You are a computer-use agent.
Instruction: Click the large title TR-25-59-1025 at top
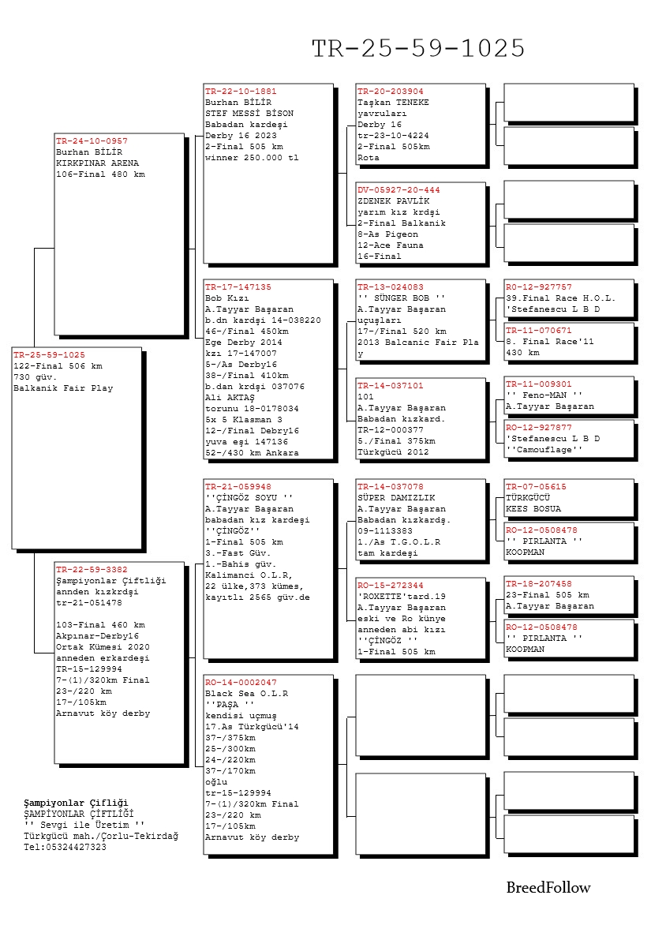coord(418,49)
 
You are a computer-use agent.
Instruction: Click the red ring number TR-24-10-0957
coord(92,141)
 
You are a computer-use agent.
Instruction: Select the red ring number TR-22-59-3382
coord(92,569)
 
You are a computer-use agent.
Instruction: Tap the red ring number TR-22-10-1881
coord(241,92)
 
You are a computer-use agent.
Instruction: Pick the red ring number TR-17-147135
coord(238,287)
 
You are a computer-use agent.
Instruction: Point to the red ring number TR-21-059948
coord(238,486)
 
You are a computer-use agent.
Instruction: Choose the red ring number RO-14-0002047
coord(241,682)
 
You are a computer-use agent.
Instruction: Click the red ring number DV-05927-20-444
coord(398,190)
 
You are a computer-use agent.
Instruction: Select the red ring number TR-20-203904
coord(391,92)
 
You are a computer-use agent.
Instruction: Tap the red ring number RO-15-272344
coord(391,586)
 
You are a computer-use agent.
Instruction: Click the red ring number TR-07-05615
coord(536,487)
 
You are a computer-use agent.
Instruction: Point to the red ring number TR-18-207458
coord(539,584)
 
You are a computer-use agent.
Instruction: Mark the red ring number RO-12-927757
coord(539,287)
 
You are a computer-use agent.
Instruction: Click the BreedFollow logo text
coord(548,888)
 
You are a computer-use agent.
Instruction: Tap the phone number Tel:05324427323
coord(65,847)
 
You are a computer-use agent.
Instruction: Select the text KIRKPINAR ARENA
coord(97,163)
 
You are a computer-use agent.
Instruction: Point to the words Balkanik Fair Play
coord(63,388)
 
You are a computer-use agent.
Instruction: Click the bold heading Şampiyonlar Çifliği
coord(76,803)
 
